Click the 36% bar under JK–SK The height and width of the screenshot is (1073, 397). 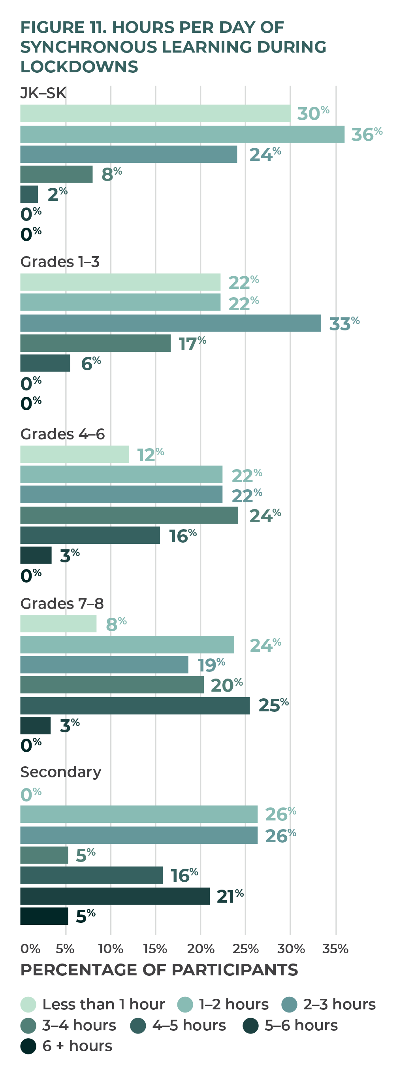coord(182,134)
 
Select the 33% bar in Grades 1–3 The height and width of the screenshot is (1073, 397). coord(171,323)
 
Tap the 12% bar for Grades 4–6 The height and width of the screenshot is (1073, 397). coord(75,454)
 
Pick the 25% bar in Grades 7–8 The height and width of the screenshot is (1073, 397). coord(135,705)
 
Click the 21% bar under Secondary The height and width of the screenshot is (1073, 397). coord(115,896)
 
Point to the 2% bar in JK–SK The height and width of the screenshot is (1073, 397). coord(29,194)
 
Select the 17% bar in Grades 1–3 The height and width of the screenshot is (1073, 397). coord(95,343)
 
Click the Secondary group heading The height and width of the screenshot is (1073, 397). coord(61,772)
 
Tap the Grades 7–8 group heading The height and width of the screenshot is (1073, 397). coord(62,603)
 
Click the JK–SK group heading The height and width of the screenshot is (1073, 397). coord(43,92)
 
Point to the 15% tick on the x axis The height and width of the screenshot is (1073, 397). coord(155,949)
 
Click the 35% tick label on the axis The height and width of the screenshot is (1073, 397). coord(335,949)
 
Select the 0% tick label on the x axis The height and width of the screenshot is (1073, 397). coord(30,949)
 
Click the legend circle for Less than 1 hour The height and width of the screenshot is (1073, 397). coord(28,1004)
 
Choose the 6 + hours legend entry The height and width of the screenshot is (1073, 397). coord(67,1045)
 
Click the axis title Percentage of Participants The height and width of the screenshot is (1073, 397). coord(159,970)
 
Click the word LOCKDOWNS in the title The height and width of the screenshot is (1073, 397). coord(79,67)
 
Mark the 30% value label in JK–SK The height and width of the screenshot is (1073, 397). coord(313,113)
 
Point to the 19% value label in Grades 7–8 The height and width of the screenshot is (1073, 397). coord(211,665)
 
